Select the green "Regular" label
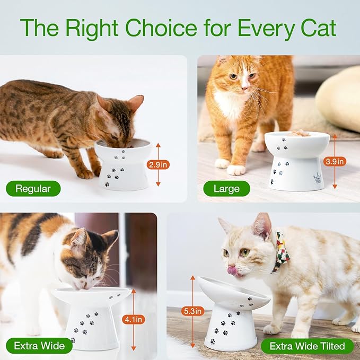33,188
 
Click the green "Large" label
226,188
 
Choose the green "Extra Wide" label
39,346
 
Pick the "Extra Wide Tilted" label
307,346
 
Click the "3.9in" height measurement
335,161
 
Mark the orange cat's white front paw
235,170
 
